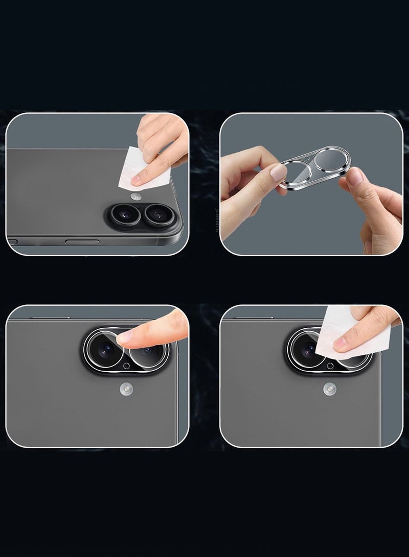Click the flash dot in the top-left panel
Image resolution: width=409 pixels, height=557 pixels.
pyautogui.click(x=135, y=197)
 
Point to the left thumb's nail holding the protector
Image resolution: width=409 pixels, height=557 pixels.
pyautogui.click(x=278, y=173)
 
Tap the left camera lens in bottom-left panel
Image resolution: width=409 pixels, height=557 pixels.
pyautogui.click(x=106, y=350)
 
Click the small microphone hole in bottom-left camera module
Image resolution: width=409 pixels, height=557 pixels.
pyautogui.click(x=126, y=366)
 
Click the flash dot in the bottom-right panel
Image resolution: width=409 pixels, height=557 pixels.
pyautogui.click(x=329, y=390)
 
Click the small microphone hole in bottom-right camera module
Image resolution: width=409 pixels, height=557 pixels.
pyautogui.click(x=330, y=366)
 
